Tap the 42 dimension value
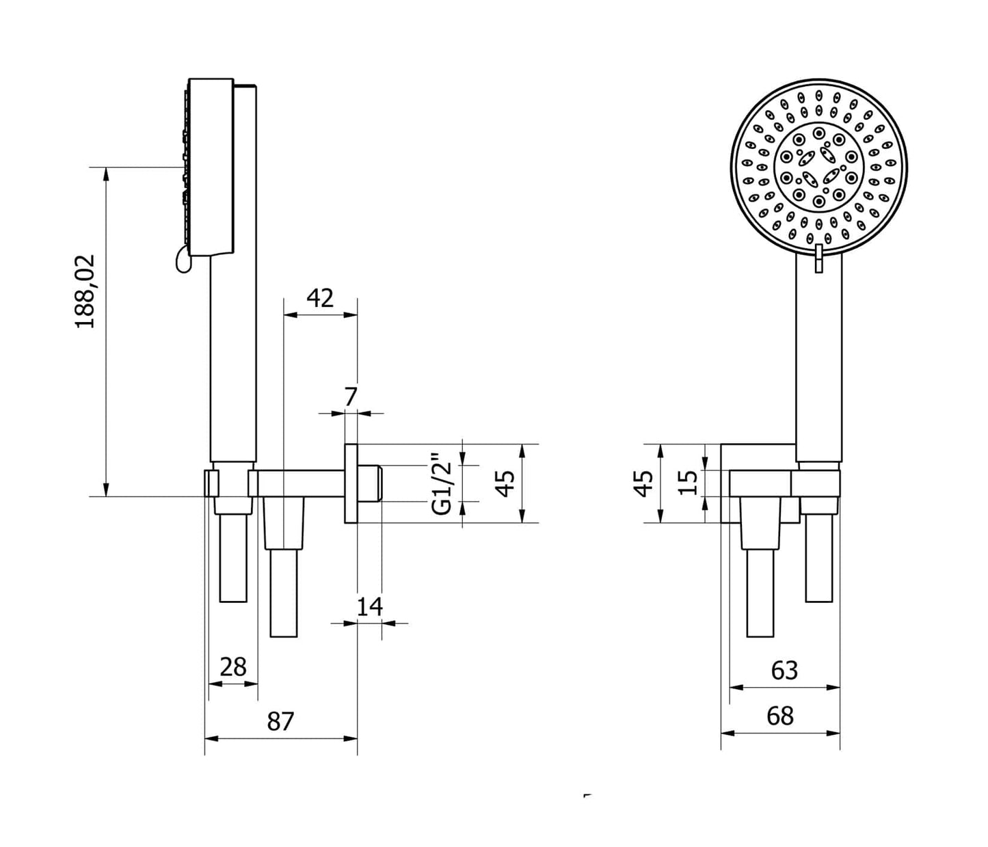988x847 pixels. (320, 298)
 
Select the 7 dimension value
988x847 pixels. (351, 396)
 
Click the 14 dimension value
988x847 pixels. (370, 606)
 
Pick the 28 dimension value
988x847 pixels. (233, 667)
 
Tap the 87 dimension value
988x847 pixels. (280, 721)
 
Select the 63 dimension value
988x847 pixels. (784, 671)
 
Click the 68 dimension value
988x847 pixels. (780, 716)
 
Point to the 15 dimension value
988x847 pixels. (689, 483)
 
